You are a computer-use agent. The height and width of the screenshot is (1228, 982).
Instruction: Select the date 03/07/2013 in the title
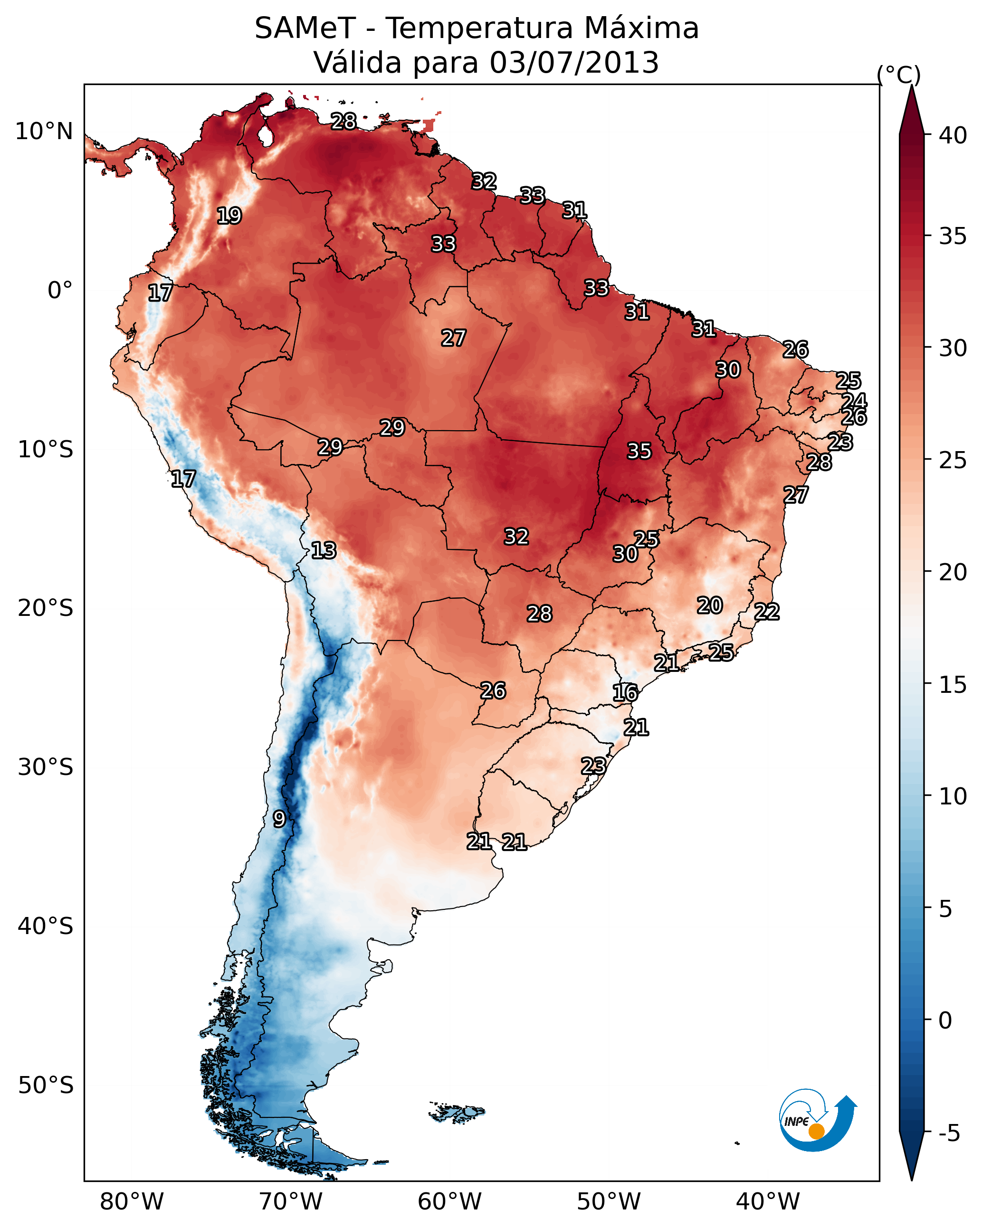(574, 63)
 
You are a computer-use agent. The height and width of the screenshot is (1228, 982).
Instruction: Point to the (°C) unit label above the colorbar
(898, 75)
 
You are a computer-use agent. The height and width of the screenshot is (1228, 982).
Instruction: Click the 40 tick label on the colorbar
(953, 135)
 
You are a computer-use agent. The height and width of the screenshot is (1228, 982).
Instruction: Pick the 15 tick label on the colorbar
(953, 685)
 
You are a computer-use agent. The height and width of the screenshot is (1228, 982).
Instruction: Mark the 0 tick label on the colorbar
(945, 1020)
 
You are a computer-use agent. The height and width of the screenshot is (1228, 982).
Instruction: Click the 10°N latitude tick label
(44, 132)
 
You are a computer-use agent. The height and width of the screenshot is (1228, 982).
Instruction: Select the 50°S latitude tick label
(46, 1086)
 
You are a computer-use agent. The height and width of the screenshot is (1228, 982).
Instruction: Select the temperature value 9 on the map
(279, 819)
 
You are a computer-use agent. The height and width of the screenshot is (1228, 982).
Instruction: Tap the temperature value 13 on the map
(323, 550)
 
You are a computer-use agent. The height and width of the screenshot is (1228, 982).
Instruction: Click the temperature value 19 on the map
(229, 216)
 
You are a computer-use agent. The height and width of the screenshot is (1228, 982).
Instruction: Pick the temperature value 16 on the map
(625, 693)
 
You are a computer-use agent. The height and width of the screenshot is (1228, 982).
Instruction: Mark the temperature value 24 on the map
(854, 401)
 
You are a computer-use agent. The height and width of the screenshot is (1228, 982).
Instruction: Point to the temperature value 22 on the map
(767, 612)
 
